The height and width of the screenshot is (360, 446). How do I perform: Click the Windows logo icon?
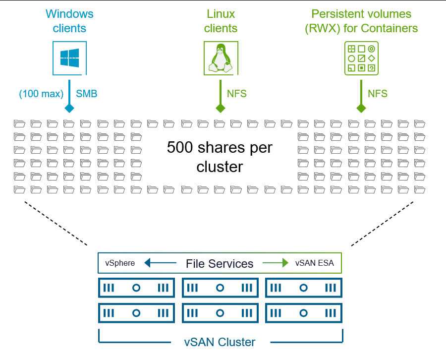click(x=69, y=58)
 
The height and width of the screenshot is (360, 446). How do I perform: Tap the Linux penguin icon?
click(x=221, y=59)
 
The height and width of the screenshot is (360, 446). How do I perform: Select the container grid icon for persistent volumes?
click(x=361, y=59)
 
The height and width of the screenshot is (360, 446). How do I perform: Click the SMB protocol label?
click(x=87, y=94)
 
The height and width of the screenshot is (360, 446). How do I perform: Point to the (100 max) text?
click(x=41, y=94)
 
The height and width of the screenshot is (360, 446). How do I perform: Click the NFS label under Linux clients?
click(x=236, y=94)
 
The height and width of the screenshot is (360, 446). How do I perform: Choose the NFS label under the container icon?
click(x=378, y=94)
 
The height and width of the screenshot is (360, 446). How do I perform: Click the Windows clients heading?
click(x=69, y=21)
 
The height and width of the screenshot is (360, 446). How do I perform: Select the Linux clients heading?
click(x=221, y=21)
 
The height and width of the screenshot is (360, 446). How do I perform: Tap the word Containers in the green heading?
click(x=390, y=28)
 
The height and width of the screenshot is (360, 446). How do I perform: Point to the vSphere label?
click(x=120, y=263)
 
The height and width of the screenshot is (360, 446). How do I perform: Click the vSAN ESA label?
click(x=315, y=263)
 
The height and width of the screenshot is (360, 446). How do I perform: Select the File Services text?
click(x=220, y=264)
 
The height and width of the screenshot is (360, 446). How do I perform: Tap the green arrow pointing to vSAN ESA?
click(x=276, y=263)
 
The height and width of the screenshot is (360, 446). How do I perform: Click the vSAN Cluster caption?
click(x=220, y=342)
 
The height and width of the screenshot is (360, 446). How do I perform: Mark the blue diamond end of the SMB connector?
click(x=69, y=108)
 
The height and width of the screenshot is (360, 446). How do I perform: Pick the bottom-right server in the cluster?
click(x=304, y=313)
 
